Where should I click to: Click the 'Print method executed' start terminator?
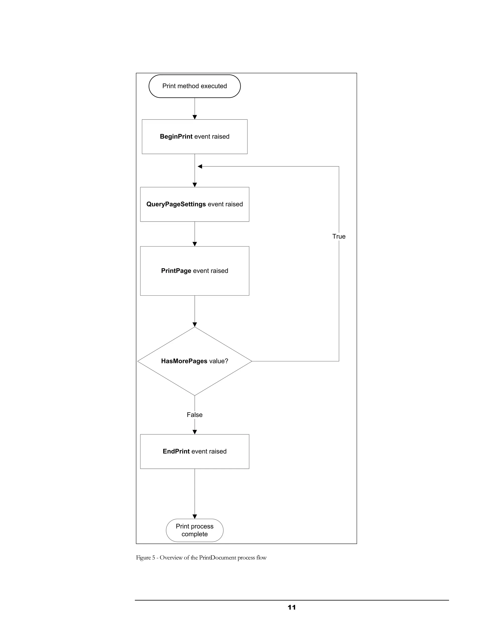point(194,86)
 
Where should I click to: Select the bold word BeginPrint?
point(176,136)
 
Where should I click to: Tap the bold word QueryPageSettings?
point(176,204)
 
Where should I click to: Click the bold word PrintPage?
point(176,271)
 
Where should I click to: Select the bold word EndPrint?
point(176,451)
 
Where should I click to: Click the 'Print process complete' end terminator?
point(194,530)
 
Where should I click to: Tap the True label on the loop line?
point(339,237)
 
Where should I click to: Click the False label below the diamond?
point(194,415)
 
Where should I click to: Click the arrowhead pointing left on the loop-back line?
point(200,166)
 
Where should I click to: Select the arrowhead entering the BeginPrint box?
point(194,117)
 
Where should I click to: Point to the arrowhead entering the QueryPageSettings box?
point(194,185)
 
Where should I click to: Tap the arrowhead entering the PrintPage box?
point(194,244)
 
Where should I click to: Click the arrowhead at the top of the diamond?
point(194,325)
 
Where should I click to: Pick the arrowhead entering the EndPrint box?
point(194,432)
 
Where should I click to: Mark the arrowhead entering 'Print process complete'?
point(194,517)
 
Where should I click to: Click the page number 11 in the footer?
point(292,608)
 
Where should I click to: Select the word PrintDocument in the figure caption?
point(217,558)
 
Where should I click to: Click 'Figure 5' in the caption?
point(145,558)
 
